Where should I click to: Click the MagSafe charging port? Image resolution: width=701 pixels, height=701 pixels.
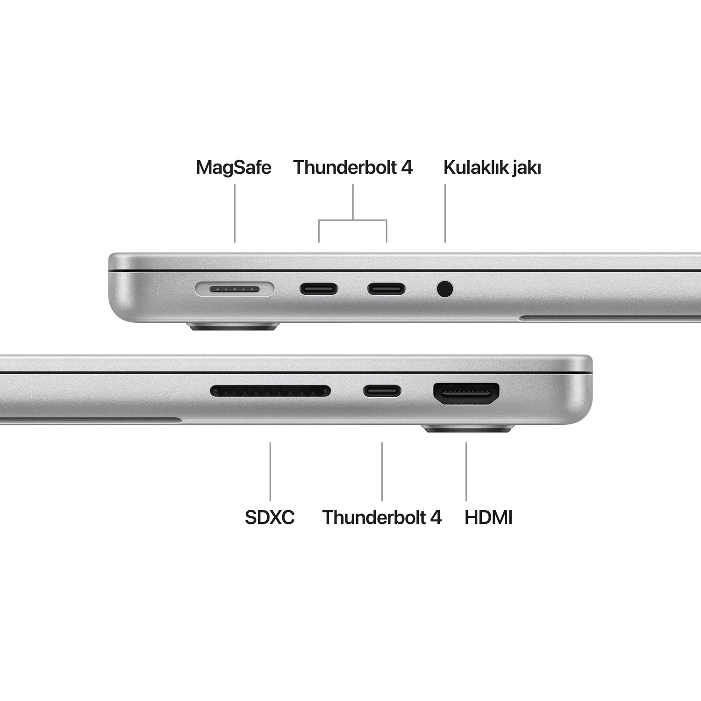[x=234, y=289]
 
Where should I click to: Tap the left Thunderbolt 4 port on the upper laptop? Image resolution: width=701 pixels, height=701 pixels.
[x=319, y=289]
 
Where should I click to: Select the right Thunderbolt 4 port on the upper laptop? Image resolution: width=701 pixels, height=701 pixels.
[x=386, y=289]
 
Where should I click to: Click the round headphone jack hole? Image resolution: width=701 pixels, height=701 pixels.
[x=445, y=289]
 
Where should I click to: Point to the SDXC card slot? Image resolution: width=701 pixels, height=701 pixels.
[x=270, y=391]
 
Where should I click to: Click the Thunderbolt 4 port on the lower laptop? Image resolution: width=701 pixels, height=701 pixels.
[x=382, y=391]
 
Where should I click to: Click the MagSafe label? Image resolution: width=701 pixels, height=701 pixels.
[x=234, y=167]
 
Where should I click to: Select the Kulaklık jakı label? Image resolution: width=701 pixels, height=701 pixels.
[x=492, y=167]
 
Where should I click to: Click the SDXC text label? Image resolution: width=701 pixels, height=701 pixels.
[x=270, y=517]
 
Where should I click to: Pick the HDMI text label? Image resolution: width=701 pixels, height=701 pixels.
[x=488, y=517]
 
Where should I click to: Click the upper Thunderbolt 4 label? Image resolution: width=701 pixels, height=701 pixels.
[x=353, y=167]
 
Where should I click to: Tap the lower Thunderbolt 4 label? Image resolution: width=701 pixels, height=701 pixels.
[x=382, y=517]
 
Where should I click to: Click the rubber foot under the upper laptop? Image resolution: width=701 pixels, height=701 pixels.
[x=234, y=326]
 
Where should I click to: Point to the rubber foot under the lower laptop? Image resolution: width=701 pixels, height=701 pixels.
[x=467, y=428]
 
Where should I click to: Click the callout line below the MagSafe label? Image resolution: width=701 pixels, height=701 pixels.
[x=235, y=213]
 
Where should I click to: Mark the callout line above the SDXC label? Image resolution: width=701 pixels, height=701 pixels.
[x=270, y=471]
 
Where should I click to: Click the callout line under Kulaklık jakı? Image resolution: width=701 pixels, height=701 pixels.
[x=445, y=213]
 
